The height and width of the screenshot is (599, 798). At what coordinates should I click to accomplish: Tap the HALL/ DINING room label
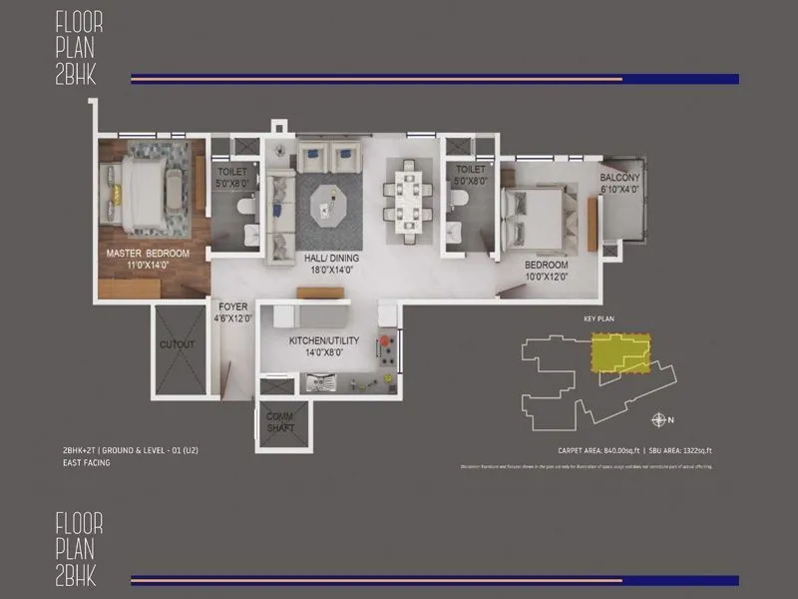pos(332,258)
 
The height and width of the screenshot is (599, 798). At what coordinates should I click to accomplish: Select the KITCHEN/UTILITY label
pos(317,340)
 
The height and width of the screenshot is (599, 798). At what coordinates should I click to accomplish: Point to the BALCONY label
pos(619,178)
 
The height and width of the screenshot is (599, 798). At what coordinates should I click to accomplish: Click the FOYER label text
pos(232,306)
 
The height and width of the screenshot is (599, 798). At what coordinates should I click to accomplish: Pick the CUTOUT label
pos(177,344)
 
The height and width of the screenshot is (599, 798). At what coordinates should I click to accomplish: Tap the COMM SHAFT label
pos(280,422)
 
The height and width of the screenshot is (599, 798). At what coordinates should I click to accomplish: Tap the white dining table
pos(410,204)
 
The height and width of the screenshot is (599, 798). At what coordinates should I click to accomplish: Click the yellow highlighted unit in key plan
pos(618,352)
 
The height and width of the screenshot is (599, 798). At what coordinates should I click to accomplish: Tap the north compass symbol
pos(659,419)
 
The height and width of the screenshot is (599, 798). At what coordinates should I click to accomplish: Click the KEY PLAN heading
pos(598,320)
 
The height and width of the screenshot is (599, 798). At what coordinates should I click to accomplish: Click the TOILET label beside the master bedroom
pos(231,172)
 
